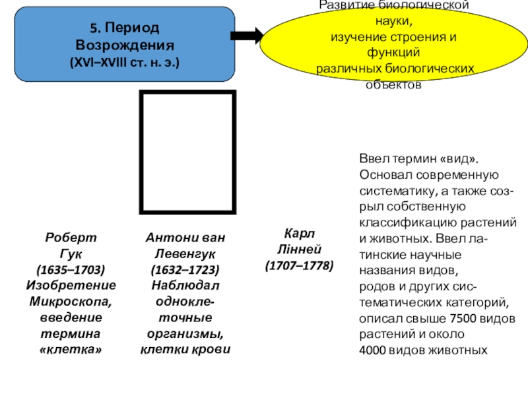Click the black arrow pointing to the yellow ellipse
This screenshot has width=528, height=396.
click(247, 37)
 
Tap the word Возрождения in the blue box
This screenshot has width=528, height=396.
click(124, 47)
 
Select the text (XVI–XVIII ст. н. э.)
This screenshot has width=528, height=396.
click(124, 63)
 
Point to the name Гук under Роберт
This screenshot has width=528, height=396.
click(71, 253)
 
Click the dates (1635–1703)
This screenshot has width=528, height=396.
click(71, 269)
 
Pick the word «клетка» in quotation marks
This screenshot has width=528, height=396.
click(71, 348)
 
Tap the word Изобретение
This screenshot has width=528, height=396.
click(71, 285)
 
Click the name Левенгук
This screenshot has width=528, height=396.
click(185, 253)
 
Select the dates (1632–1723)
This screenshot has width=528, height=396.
click(185, 269)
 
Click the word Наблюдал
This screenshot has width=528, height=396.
click(185, 285)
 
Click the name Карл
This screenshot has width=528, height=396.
click(300, 234)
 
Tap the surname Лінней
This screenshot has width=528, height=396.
click(300, 249)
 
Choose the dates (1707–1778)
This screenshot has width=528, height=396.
click(300, 265)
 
